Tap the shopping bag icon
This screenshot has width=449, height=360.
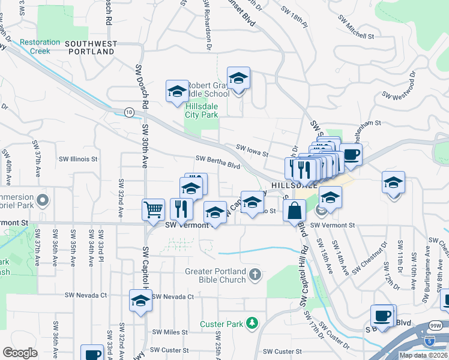tap(294, 211)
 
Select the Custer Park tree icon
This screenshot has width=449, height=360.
tap(253, 323)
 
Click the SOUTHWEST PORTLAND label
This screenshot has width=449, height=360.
tap(90, 48)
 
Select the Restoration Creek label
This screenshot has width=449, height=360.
tap(40, 47)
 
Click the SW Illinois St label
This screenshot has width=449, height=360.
tap(78, 159)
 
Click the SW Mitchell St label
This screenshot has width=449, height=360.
tap(355, 35)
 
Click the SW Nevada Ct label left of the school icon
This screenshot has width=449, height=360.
tap(86, 295)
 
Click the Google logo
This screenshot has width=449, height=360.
tap(20, 353)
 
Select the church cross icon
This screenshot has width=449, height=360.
tap(255, 275)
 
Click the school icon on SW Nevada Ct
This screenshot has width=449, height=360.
tap(140, 300)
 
